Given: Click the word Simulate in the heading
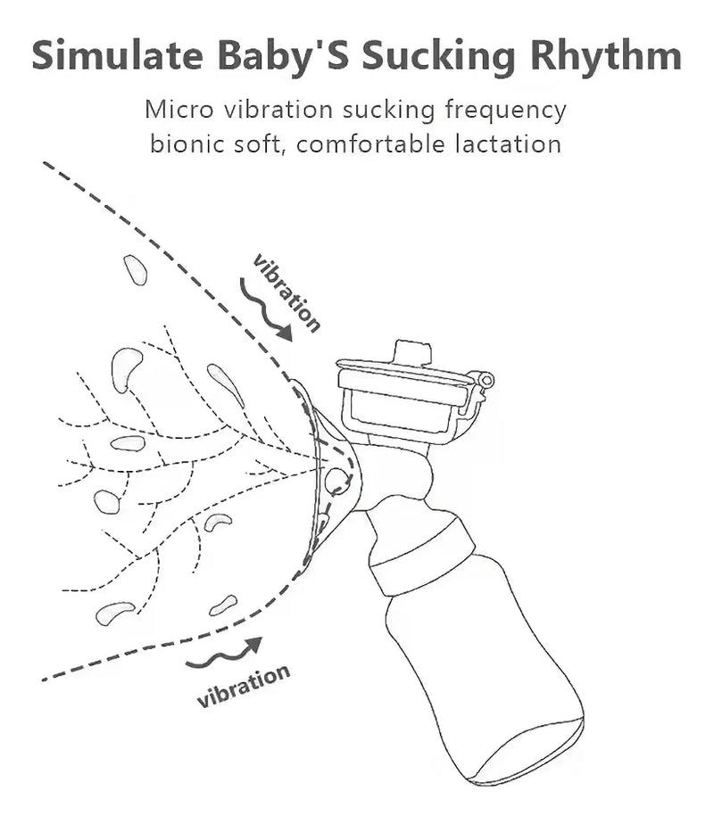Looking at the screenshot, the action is pos(117,55).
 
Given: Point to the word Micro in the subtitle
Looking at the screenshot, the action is pos(179,110).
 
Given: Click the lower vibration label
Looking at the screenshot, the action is pos(244,686).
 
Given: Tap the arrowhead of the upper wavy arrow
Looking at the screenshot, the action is pos(285,333).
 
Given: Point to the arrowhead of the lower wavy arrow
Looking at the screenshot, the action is pos(255,644).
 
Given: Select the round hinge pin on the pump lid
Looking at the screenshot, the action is pos(487,379).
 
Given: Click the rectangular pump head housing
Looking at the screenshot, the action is pos(402,398).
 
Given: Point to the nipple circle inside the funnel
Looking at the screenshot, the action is pos(336,480).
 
